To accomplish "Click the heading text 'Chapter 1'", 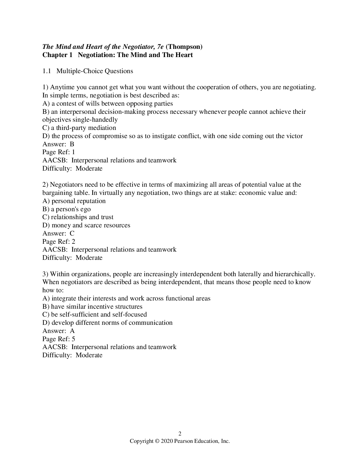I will [x=57, y=55].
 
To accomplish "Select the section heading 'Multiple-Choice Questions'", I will [x=95, y=71].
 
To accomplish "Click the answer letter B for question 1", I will [x=72, y=144].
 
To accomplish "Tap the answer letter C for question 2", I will [x=72, y=233].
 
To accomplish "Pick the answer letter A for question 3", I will [x=72, y=331].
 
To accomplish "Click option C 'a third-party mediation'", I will [x=79, y=128].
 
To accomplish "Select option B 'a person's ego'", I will [x=66, y=209].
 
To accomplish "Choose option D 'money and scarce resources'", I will [x=86, y=225].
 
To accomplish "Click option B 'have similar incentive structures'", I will [x=92, y=306].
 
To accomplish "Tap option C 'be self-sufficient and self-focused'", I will [x=95, y=315].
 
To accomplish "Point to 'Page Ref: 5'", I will [x=59, y=339].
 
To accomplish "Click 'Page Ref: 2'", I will [x=59, y=241].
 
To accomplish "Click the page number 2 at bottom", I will [x=180, y=434].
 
